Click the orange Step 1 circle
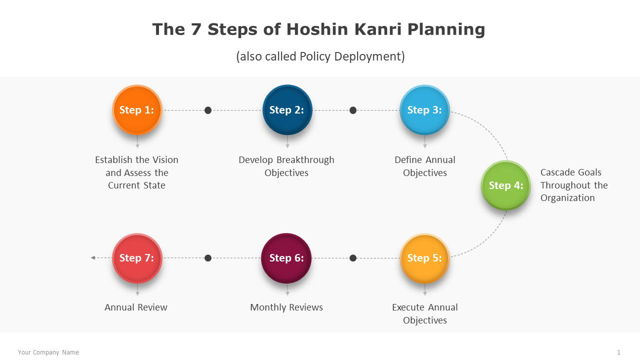click(x=137, y=110)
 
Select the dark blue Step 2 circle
click(x=287, y=110)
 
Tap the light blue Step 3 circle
click(x=424, y=110)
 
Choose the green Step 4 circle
click(x=505, y=185)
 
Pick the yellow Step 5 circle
click(x=424, y=258)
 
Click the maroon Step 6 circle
click(x=286, y=258)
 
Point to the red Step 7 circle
click(x=137, y=258)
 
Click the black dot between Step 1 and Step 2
click(x=208, y=110)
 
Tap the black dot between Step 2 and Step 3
click(x=353, y=110)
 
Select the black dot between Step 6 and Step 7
click(x=208, y=258)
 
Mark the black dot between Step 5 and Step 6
click(x=353, y=258)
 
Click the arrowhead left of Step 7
click(x=93, y=257)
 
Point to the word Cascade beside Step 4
click(x=557, y=172)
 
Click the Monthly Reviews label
click(x=286, y=307)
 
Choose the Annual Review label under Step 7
click(x=136, y=307)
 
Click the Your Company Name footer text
click(x=48, y=352)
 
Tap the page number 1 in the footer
click(x=618, y=352)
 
